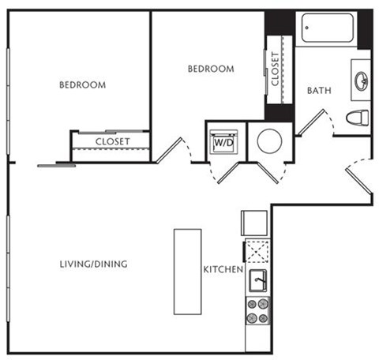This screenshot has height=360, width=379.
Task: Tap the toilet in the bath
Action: tap(358, 118)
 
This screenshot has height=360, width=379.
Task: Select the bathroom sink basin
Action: tap(362, 81)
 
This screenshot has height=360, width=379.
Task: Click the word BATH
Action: tap(320, 91)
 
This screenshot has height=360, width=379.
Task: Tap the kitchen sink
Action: tap(257, 280)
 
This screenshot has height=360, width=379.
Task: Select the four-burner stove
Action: tap(257, 311)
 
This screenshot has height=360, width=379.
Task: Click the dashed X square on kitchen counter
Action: tap(257, 252)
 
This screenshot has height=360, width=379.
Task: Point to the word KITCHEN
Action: tap(223, 270)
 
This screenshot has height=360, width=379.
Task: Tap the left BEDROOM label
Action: tap(83, 85)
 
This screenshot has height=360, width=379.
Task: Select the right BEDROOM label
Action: tap(211, 69)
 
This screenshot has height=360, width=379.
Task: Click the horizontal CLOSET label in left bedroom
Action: tap(113, 142)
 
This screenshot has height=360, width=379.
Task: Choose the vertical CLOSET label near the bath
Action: tap(275, 69)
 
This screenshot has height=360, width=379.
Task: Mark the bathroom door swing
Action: tap(310, 122)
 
